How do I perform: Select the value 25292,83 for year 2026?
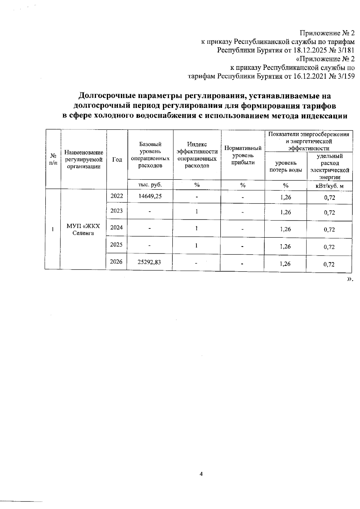149,262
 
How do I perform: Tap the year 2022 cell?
117,196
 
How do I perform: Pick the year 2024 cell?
116,228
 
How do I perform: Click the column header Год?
117,160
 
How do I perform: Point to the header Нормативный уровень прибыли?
243,155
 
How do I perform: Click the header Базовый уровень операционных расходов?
150,155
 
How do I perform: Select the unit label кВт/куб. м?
329,186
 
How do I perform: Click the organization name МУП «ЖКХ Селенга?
83,230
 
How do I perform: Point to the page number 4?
201,474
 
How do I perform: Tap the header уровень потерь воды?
286,166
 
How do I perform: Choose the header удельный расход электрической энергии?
330,166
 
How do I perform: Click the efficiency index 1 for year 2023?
196,211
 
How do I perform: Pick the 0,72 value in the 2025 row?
329,247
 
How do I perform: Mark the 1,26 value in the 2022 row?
286,197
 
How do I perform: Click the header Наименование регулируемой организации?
84,160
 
